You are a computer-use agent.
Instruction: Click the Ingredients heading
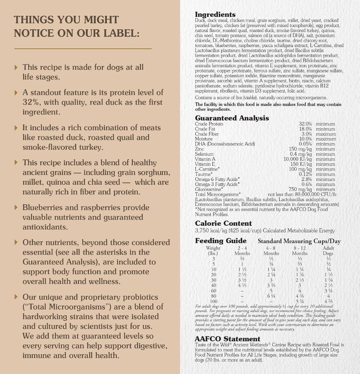(215, 15)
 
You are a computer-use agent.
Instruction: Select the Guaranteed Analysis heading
(232, 118)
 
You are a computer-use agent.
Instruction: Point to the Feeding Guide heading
(220, 241)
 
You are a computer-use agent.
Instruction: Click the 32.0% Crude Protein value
(305, 124)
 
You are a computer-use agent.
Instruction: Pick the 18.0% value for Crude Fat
(305, 129)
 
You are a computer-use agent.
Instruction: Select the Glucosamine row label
(207, 189)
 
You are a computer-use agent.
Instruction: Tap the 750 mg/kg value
(300, 189)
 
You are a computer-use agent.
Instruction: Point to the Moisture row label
(204, 139)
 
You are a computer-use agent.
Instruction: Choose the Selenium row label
(204, 154)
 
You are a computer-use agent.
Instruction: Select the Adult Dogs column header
(328, 251)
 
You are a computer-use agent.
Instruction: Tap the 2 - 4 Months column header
(242, 251)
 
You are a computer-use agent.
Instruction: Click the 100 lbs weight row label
(213, 301)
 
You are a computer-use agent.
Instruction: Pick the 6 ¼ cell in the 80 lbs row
(271, 296)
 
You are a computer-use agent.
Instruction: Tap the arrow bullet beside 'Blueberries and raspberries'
(16, 207)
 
